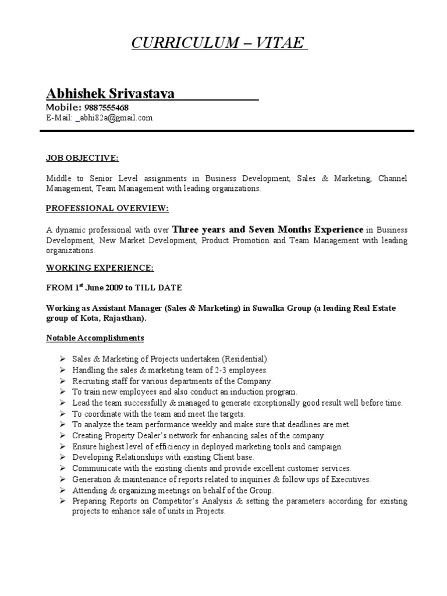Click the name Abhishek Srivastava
pyautogui.click(x=110, y=93)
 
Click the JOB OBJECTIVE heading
pyautogui.click(x=82, y=157)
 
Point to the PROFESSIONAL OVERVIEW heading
pyautogui.click(x=107, y=208)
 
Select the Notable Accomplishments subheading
pyautogui.click(x=95, y=338)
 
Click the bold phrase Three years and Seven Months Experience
pyautogui.click(x=268, y=229)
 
